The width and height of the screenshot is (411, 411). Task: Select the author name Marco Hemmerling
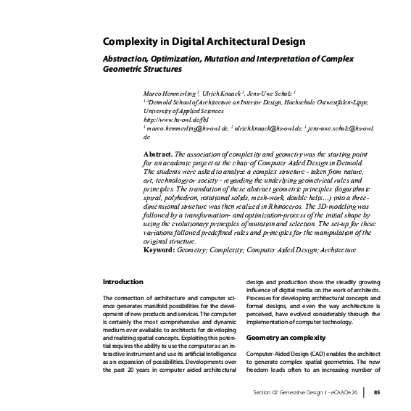coord(166,95)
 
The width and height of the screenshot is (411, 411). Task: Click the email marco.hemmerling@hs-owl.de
coord(187,128)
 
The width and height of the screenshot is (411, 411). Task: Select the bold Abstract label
coord(158,154)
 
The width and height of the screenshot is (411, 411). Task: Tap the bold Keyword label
coord(163,250)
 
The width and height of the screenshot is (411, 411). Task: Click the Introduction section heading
coord(123,281)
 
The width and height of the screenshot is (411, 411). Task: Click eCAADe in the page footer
coord(346,393)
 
